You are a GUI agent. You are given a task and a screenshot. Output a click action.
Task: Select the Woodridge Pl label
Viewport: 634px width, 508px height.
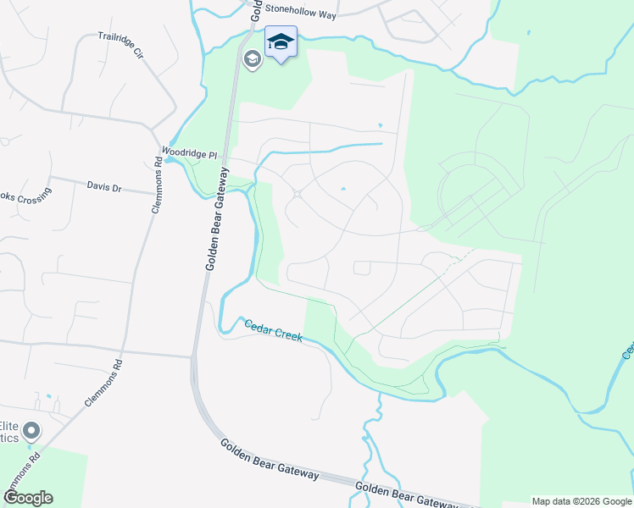click(x=190, y=154)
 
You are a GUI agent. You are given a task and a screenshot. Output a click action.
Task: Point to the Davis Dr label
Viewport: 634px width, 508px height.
click(x=104, y=185)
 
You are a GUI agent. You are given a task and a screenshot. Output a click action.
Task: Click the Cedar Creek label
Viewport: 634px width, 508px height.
click(x=273, y=329)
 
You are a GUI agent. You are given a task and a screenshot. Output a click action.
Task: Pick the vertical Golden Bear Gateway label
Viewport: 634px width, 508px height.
click(x=217, y=218)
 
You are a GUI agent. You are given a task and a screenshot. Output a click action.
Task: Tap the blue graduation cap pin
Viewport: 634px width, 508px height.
click(x=281, y=41)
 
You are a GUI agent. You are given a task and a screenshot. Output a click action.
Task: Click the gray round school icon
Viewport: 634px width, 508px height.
click(x=252, y=59)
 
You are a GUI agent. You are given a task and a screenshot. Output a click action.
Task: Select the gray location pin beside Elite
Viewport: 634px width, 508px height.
click(x=32, y=432)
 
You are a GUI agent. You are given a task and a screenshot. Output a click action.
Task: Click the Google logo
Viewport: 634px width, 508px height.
click(x=27, y=498)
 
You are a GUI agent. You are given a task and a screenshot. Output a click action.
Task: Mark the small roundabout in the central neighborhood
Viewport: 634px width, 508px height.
click(x=298, y=196)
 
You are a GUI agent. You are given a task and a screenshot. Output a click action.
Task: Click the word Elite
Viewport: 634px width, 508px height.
click(x=8, y=426)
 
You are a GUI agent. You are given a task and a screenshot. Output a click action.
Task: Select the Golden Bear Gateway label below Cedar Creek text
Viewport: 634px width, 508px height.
click(x=270, y=460)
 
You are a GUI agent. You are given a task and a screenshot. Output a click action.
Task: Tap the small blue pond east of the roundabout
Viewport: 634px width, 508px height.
click(x=342, y=189)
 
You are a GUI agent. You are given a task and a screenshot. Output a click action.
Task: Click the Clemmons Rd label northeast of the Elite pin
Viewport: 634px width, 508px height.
click(x=104, y=384)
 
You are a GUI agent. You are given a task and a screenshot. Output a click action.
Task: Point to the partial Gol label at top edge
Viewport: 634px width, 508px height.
click(x=254, y=8)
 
